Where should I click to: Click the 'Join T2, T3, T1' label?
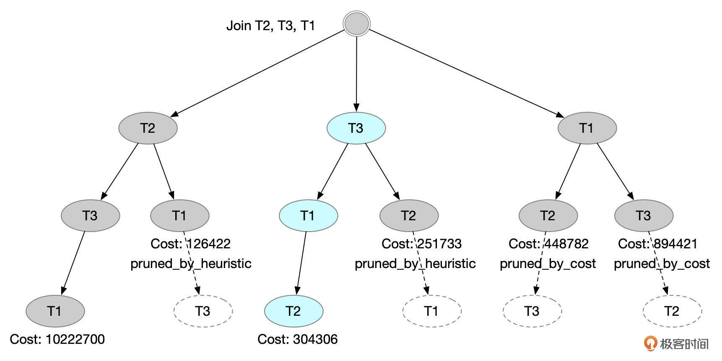(x=270, y=26)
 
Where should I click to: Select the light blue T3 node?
(x=356, y=128)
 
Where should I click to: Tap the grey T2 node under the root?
(x=148, y=128)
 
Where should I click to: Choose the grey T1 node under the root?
(x=587, y=128)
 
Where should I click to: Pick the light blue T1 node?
(x=308, y=215)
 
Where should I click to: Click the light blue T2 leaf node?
(x=293, y=311)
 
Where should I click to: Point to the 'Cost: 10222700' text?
(x=57, y=339)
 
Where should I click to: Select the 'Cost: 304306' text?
(x=297, y=339)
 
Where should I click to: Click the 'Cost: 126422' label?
(x=190, y=244)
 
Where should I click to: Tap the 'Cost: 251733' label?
(x=421, y=244)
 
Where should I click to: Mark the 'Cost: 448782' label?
(x=548, y=244)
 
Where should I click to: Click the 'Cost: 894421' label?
(x=657, y=244)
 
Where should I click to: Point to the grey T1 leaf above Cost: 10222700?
(x=55, y=311)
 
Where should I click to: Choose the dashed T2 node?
(x=672, y=311)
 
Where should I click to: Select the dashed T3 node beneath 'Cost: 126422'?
(x=203, y=311)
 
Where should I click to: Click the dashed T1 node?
(x=431, y=311)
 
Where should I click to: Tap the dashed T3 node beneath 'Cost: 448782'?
(x=532, y=311)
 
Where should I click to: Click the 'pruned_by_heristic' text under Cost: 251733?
(x=415, y=263)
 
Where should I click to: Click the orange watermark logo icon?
(x=650, y=343)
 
